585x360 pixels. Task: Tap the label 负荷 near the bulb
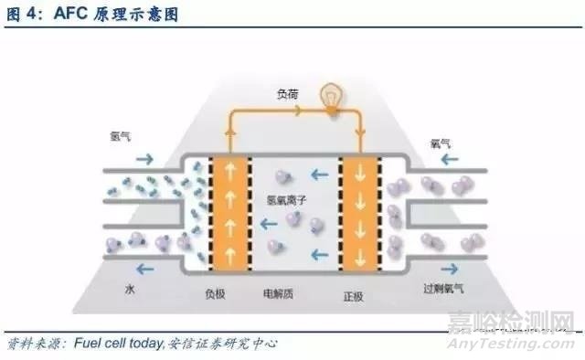[x=289, y=93]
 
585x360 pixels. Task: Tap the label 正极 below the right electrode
[x=354, y=294]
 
